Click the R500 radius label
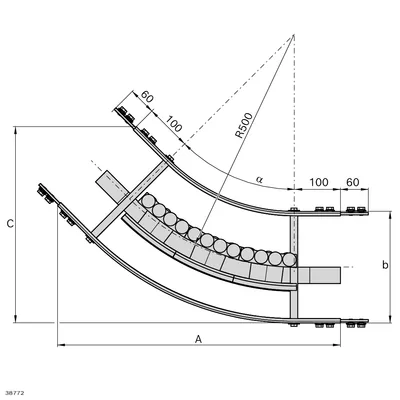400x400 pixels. [x=244, y=125]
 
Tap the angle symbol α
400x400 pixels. [x=259, y=180]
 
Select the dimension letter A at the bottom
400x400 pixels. [x=199, y=339]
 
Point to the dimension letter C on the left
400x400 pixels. [x=10, y=224]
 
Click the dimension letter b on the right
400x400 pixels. [x=385, y=265]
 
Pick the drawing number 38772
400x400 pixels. [x=15, y=394]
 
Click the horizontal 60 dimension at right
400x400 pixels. [x=353, y=182]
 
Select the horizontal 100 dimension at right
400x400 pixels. [x=319, y=182]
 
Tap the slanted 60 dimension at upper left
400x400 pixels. [x=147, y=97]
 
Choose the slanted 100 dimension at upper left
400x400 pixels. [x=174, y=124]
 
